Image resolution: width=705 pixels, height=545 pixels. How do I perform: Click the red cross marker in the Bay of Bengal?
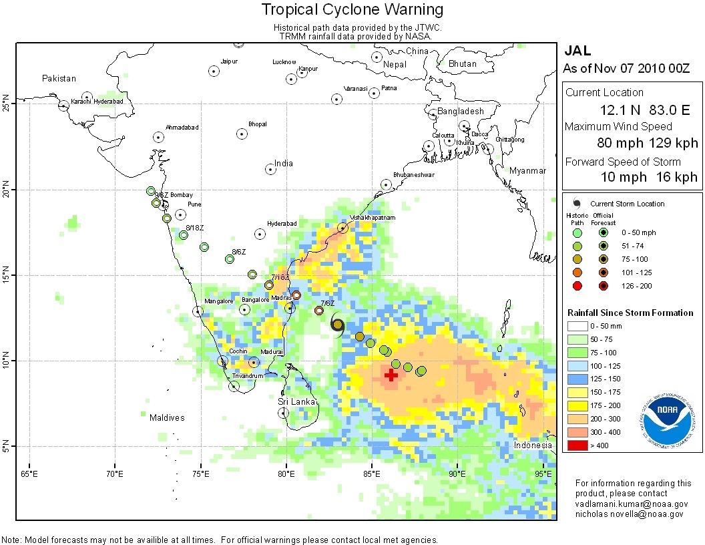pyautogui.click(x=391, y=375)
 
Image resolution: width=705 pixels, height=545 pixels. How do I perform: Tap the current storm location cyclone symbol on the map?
pyautogui.click(x=338, y=325)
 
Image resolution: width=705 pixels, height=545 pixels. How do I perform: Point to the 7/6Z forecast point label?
pyautogui.click(x=328, y=303)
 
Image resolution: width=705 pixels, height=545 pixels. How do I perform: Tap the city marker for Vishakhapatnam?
pyautogui.click(x=342, y=228)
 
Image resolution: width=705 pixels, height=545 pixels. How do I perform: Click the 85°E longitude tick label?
pyautogui.click(x=372, y=474)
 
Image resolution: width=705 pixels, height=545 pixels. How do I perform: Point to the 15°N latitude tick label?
pyautogui.click(x=8, y=275)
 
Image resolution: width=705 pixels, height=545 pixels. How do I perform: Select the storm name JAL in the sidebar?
pyautogui.click(x=578, y=50)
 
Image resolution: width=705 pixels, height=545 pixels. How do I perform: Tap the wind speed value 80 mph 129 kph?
pyautogui.click(x=648, y=143)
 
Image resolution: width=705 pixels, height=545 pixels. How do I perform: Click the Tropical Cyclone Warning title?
pyautogui.click(x=352, y=9)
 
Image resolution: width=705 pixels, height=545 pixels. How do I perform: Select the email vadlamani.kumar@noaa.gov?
pyautogui.click(x=631, y=504)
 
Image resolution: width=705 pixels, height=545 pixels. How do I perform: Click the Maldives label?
pyautogui.click(x=166, y=418)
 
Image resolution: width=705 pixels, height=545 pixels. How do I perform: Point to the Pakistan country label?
pyautogui.click(x=59, y=78)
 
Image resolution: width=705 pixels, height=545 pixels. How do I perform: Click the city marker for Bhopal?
pyautogui.click(x=242, y=134)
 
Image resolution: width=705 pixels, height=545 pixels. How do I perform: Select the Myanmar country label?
pyautogui.click(x=527, y=171)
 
